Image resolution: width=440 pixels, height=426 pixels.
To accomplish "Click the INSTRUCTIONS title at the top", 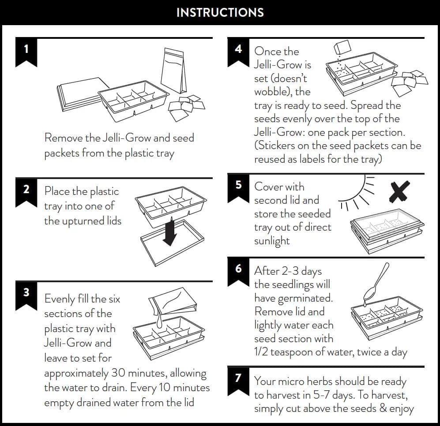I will tap(220, 12).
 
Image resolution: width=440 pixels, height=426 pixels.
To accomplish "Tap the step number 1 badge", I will tap(26, 49).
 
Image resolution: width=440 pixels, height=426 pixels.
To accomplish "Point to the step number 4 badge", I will tap(238, 49).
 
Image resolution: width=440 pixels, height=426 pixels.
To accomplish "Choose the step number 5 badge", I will tap(238, 185).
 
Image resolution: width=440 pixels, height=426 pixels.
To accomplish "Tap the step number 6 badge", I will tap(238, 269).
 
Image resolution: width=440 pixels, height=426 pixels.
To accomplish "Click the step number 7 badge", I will tap(238, 378).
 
